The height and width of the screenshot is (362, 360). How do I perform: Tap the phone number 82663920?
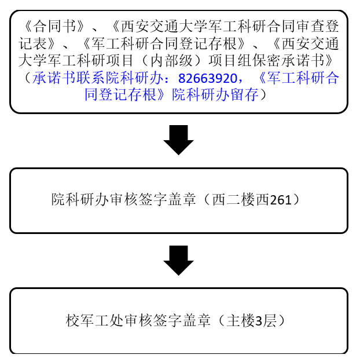point(207,78)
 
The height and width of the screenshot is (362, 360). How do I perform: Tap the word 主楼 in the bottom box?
point(240,320)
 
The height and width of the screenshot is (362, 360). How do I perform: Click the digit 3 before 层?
point(259,321)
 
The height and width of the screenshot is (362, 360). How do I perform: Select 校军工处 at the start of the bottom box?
point(94,320)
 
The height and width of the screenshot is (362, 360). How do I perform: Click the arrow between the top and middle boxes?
point(178,140)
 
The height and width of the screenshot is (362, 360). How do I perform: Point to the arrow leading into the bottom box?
point(178,261)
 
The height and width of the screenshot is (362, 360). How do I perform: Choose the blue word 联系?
point(91,78)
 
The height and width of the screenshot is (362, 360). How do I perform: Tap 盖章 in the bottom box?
point(196,320)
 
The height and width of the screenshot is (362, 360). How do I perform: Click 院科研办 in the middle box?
point(80,200)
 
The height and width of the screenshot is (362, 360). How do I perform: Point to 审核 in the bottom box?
point(138,320)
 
